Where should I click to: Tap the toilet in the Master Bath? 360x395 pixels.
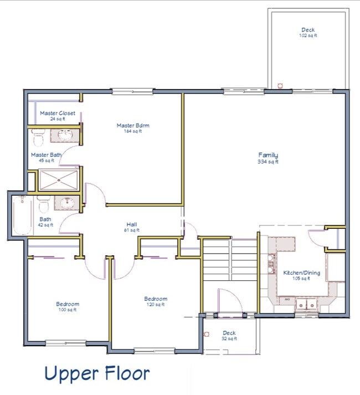pos(38,135)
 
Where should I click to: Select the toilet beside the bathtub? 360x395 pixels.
pos(44,204)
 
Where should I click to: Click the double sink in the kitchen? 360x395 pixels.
pos(305,304)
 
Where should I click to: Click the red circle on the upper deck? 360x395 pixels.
pos(280,85)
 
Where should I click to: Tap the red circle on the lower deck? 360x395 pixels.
pos(207,334)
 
